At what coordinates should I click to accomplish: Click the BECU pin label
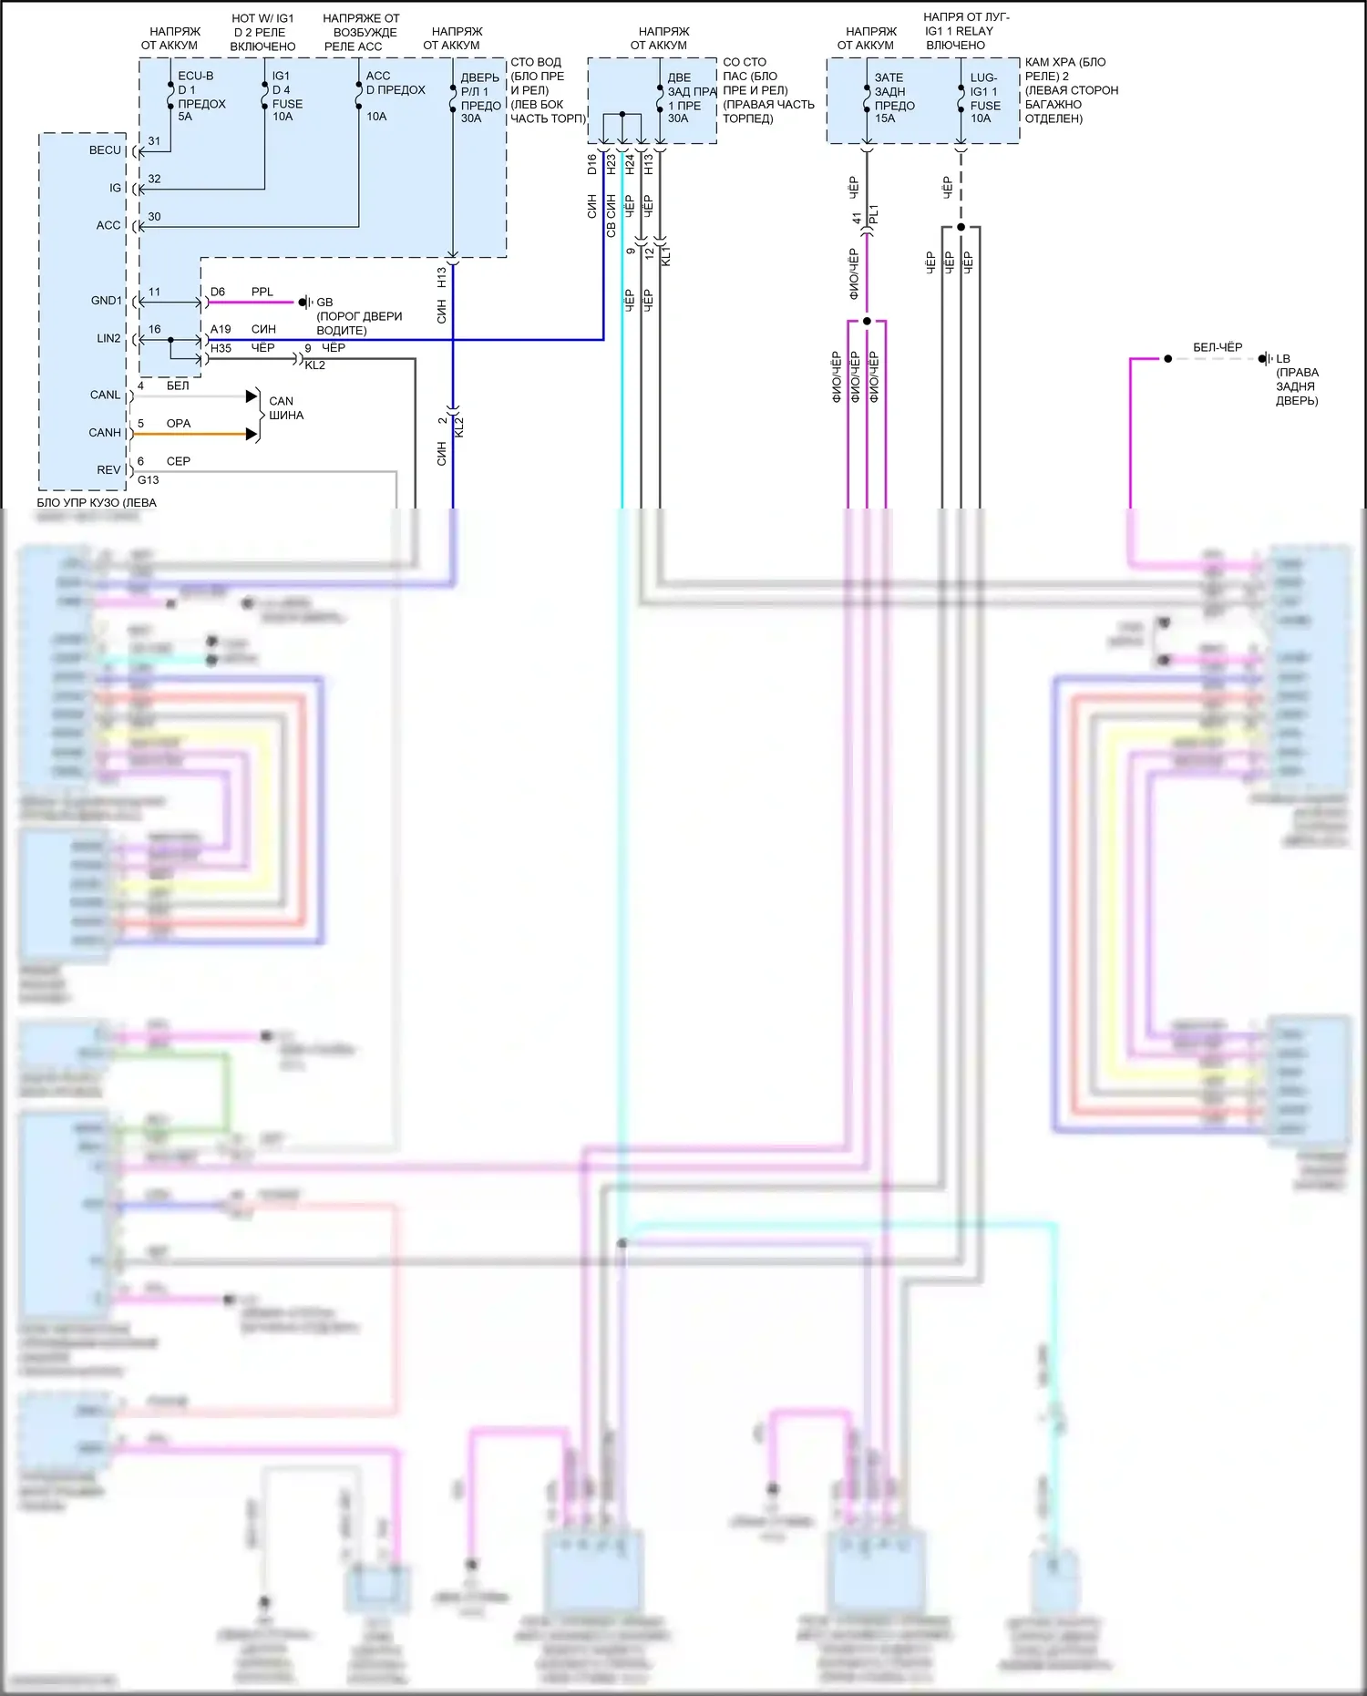coord(105,150)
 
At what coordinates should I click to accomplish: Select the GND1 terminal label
coord(106,301)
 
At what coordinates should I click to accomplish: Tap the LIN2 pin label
coord(108,338)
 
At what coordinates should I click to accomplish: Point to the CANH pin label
coord(105,433)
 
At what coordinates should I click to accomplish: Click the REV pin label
coord(108,470)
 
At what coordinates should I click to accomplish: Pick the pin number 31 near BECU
coord(154,141)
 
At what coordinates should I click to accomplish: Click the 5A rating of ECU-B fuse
coord(185,117)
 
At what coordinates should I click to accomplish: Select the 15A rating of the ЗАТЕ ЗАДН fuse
coord(885,118)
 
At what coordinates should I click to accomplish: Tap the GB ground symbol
coord(306,302)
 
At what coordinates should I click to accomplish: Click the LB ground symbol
coord(1265,359)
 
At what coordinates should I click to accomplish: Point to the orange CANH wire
coord(191,434)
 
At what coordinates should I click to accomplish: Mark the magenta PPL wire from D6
coord(251,302)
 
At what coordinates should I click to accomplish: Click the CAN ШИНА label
coord(285,408)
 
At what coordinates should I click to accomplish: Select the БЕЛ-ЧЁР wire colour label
coord(1218,347)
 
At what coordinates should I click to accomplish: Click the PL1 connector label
coord(874,216)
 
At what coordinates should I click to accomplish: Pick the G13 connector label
coord(148,480)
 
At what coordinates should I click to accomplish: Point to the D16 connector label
coord(591,164)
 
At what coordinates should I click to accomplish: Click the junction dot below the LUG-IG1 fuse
coord(961,227)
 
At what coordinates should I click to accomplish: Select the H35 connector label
coord(221,348)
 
